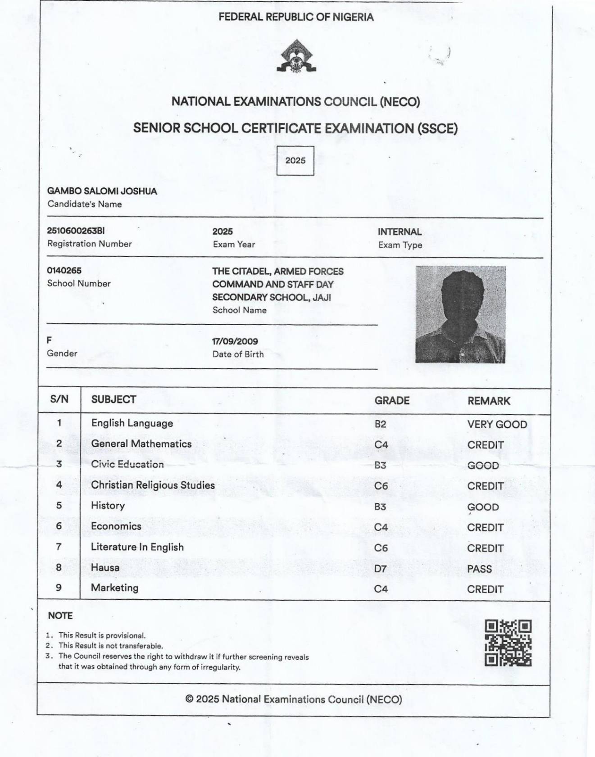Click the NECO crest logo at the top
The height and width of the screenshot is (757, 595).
coord(296,56)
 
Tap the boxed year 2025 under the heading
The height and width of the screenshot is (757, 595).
coord(295,161)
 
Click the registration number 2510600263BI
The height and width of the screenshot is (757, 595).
coord(76,231)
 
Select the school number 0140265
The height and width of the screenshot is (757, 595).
coord(64,270)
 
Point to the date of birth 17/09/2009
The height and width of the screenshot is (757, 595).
coord(235,341)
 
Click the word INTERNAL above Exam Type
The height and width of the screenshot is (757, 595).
coord(400,232)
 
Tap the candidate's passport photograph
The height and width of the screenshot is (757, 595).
coord(460,314)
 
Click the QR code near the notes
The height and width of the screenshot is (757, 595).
coord(508,643)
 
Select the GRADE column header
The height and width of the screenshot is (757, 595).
coord(392,401)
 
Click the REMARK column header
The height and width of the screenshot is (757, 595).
coord(489,401)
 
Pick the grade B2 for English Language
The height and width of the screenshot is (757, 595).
coord(380,424)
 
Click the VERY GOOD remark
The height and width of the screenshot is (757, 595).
coord(497,424)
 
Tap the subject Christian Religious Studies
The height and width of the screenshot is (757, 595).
coord(153,485)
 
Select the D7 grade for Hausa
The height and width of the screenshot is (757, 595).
coord(380,569)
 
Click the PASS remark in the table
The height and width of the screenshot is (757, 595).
coord(479,569)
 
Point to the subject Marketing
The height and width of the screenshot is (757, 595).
coord(114,588)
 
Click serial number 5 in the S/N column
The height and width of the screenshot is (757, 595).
coord(59,505)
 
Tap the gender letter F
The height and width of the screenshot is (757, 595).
coord(50,340)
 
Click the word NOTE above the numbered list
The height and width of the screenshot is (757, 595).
coord(60,616)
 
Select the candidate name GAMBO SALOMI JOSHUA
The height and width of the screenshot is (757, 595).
coord(102,191)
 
